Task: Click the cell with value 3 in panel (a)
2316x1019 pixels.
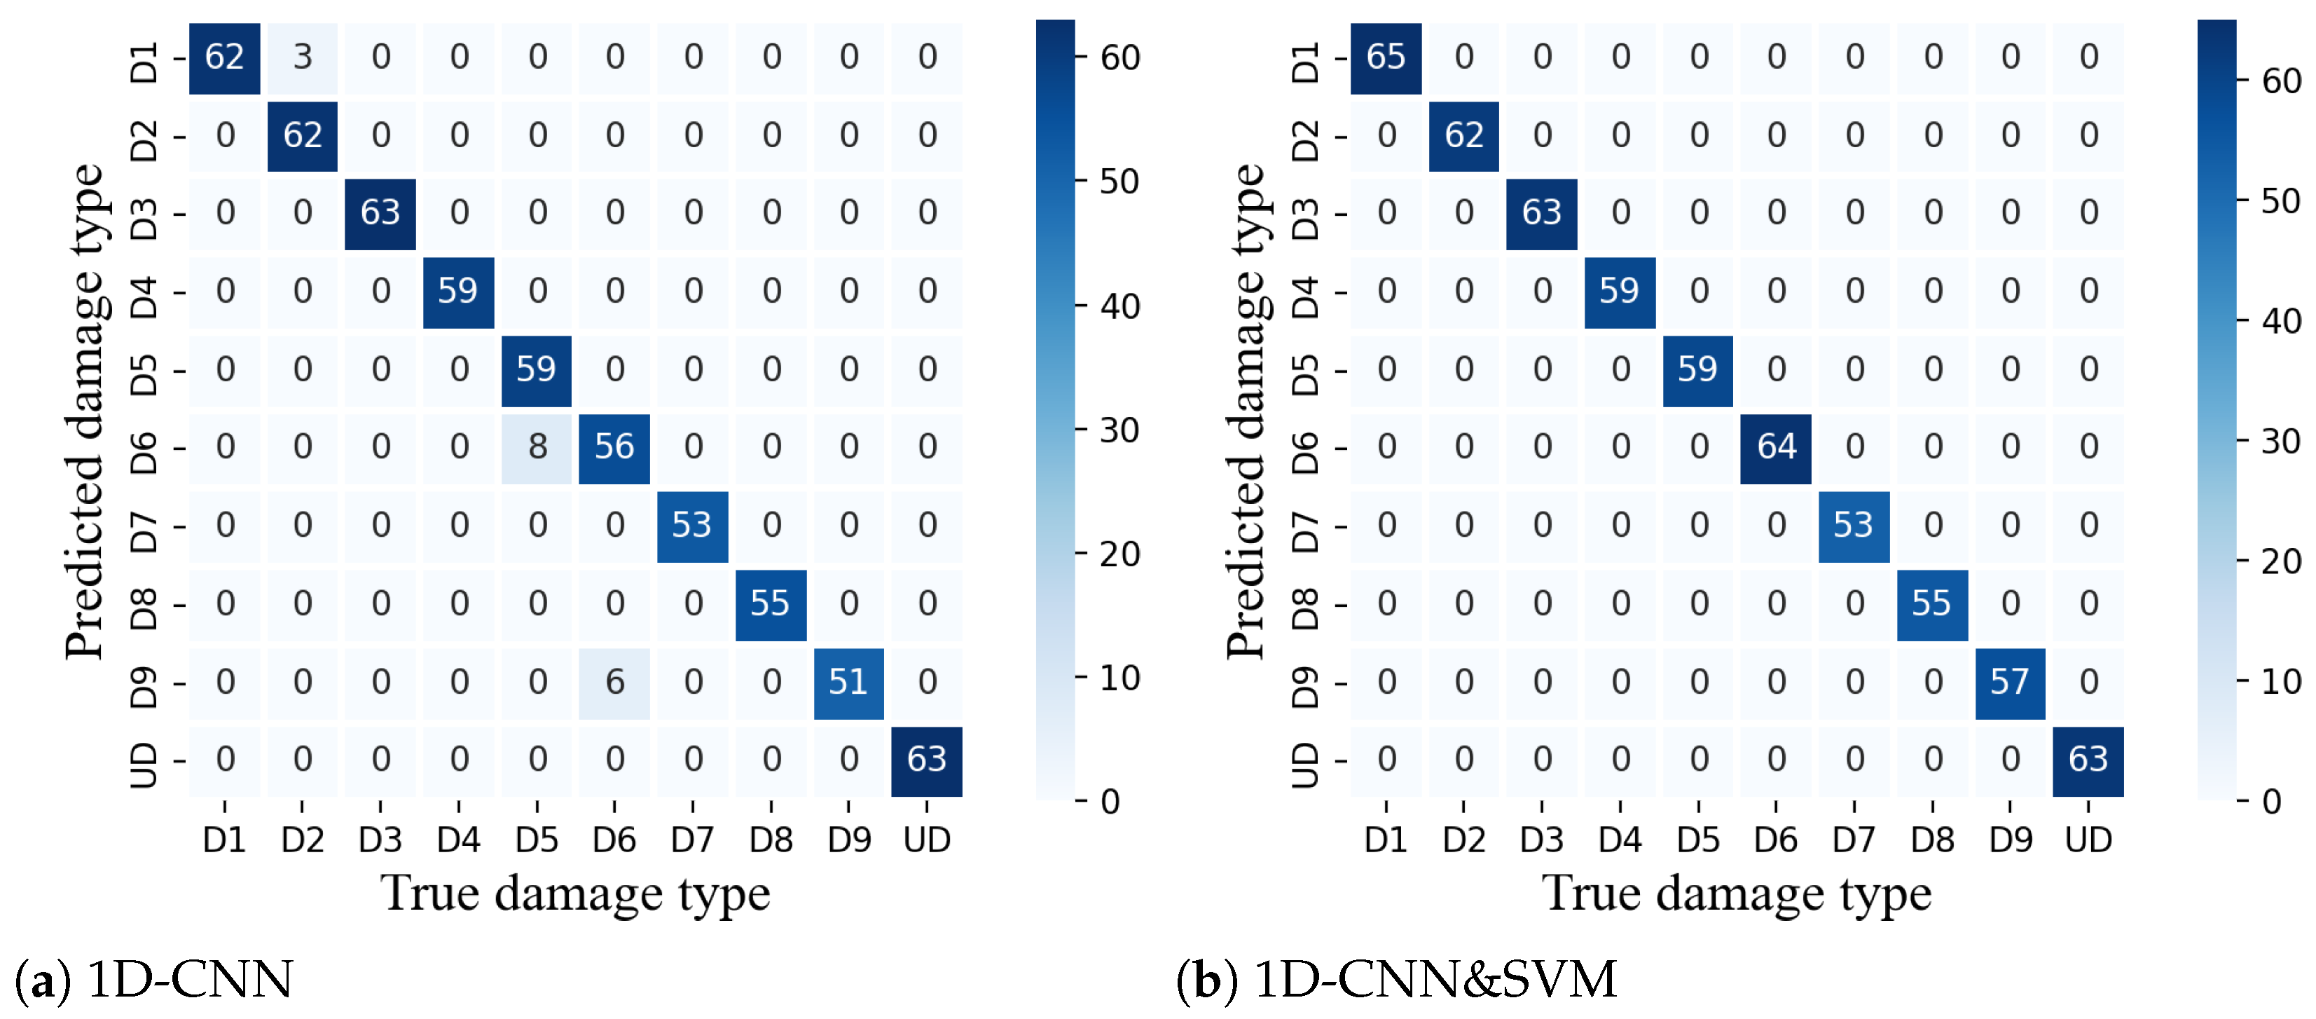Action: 303,57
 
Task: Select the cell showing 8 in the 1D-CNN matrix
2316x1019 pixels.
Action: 537,447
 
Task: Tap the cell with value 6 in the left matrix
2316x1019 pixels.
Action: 615,682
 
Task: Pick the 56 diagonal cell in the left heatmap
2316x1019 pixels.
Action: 615,447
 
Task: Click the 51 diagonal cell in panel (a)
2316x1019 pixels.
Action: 849,682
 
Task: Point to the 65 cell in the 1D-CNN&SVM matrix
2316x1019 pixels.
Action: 1386,57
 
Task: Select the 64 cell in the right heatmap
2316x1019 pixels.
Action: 1777,447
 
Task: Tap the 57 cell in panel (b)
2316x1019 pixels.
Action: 2011,682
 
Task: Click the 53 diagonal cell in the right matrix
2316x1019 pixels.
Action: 1854,525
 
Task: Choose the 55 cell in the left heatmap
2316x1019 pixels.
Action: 771,603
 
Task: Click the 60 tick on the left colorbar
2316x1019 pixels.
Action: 1119,58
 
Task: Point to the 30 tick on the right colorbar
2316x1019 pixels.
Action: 2281,442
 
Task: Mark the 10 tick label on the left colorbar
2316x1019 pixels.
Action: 1119,678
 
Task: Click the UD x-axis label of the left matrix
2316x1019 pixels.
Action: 927,840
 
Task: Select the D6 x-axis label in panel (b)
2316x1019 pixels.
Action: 1777,840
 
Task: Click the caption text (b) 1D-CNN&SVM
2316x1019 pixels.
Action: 1397,980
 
